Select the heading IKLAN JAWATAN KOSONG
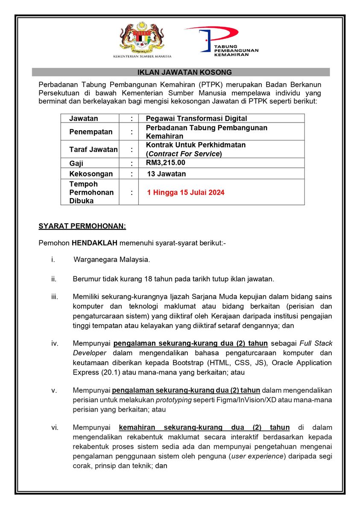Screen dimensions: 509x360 coord(181,72)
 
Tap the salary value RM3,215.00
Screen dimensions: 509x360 coord(165,163)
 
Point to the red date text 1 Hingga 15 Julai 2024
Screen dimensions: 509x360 coord(186,193)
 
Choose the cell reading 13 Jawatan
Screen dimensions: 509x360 coord(166,174)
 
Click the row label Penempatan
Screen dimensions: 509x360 coord(91,132)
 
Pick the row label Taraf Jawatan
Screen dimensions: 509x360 coord(93,149)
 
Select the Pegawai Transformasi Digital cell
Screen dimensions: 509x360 coord(196,118)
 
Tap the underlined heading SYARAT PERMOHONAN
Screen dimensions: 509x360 coord(82,225)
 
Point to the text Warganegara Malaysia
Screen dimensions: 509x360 coord(111,259)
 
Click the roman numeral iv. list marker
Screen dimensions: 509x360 coord(55,343)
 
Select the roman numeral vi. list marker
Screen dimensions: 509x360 coord(55,427)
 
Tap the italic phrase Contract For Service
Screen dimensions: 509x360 coord(184,154)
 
